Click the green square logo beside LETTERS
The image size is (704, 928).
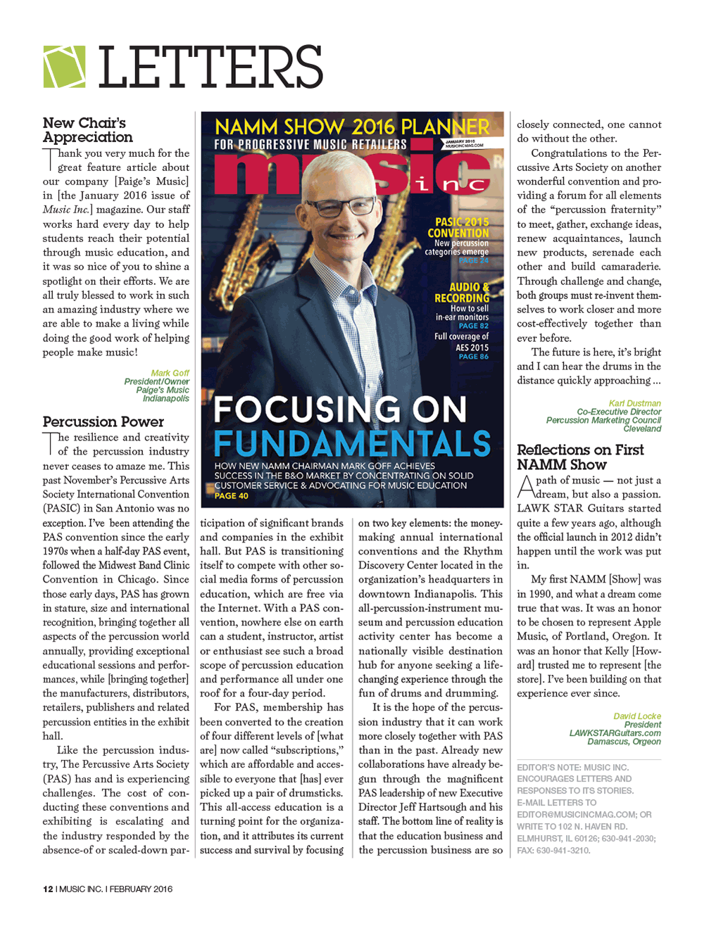[x=64, y=67]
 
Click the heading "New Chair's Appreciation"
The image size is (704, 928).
[x=87, y=130]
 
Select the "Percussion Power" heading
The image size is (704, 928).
[x=103, y=421]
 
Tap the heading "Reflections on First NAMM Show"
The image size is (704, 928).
[x=580, y=457]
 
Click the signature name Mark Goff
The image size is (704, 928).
[x=170, y=374]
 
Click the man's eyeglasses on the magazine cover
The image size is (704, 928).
[x=343, y=206]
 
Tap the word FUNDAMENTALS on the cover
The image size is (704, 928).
[x=352, y=443]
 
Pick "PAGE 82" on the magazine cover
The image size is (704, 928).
[x=473, y=326]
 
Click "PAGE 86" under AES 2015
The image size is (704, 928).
[x=473, y=357]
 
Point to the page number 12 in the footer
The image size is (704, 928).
[x=48, y=889]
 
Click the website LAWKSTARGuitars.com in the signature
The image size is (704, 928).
[x=615, y=733]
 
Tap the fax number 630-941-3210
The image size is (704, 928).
[x=563, y=850]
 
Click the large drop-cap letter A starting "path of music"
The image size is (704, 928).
[x=525, y=485]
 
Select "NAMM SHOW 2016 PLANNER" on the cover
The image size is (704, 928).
[x=352, y=127]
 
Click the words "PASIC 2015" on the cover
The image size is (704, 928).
[x=461, y=222]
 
